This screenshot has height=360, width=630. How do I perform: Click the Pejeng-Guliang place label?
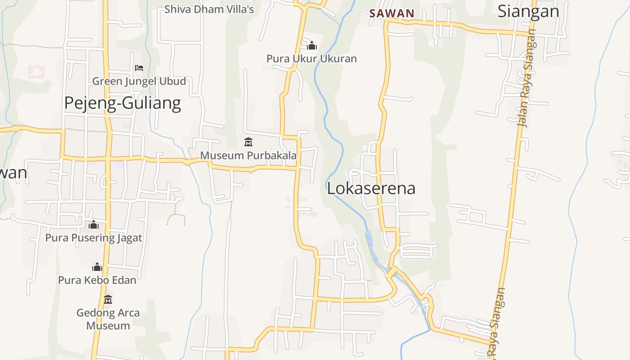pyautogui.click(x=122, y=103)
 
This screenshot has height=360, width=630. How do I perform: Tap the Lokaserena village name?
pyautogui.click(x=371, y=188)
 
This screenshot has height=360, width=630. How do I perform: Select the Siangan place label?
pyautogui.click(x=528, y=11)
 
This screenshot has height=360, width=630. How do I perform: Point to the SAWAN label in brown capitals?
pyautogui.click(x=391, y=13)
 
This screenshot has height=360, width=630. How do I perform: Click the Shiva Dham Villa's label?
pyautogui.click(x=209, y=9)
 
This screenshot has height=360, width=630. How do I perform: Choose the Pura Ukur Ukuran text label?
pyautogui.click(x=311, y=58)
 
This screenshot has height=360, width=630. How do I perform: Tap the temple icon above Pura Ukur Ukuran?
pyautogui.click(x=312, y=45)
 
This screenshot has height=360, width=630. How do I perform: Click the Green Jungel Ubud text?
pyautogui.click(x=139, y=81)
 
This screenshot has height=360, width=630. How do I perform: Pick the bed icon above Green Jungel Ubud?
pyautogui.click(x=139, y=68)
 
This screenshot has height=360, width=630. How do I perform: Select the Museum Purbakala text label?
pyautogui.click(x=248, y=156)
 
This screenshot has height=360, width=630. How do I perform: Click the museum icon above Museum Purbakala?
pyautogui.click(x=248, y=143)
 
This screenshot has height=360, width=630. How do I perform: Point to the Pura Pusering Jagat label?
pyautogui.click(x=94, y=238)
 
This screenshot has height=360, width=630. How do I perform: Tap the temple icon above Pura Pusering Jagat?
pyautogui.click(x=94, y=224)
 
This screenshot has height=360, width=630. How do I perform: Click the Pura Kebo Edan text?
pyautogui.click(x=97, y=280)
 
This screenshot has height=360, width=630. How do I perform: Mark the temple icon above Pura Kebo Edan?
pyautogui.click(x=97, y=267)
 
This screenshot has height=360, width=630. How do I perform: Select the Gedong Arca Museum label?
pyautogui.click(x=108, y=319)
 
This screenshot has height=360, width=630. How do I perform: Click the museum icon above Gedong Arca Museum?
pyautogui.click(x=108, y=299)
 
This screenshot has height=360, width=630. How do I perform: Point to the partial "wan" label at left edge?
pyautogui.click(x=13, y=173)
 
